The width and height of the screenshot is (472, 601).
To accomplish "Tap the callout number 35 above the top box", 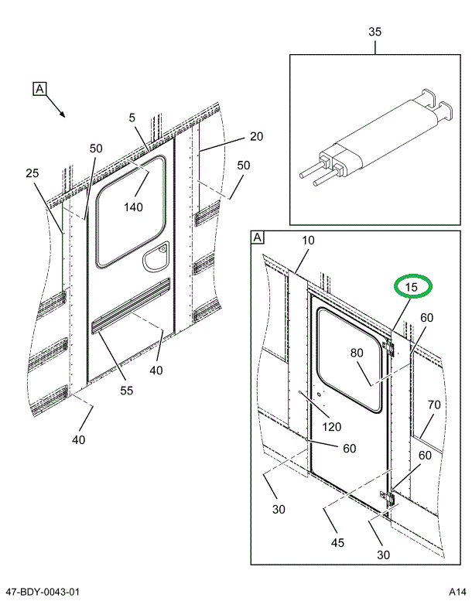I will pos(375,32).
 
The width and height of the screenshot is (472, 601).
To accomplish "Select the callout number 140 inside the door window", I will pos(132,207).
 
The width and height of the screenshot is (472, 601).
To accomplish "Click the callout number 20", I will pos(256,137).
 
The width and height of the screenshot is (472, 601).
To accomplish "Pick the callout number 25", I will pos(32,173).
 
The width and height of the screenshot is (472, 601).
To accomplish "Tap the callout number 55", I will pos(127,391).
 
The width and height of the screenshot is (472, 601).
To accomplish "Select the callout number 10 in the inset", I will pos(308,241).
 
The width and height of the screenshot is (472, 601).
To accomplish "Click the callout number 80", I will pos(356,353).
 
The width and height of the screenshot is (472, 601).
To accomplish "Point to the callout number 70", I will pos(433,405).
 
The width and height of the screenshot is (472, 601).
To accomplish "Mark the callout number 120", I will pos(332,428).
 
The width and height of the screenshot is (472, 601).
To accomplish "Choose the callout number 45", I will pos(337,543).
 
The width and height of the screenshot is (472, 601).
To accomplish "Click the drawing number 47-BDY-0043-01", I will pos(41,592).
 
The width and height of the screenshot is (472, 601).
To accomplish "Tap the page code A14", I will pos(456,592).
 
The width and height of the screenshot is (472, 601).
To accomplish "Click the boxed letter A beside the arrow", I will pos(40,89).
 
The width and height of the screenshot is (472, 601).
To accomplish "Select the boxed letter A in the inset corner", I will pos(258,238).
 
